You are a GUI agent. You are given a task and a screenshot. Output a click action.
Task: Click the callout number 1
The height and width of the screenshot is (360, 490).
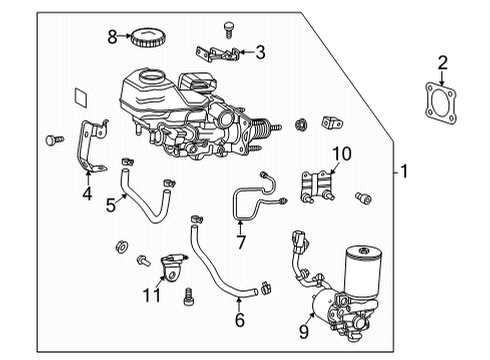coord(404,172)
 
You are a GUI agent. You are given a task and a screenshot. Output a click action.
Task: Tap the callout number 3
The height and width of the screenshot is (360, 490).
coord(259,53)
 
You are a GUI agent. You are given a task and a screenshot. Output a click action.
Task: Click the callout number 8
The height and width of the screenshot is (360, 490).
coord(113,38)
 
